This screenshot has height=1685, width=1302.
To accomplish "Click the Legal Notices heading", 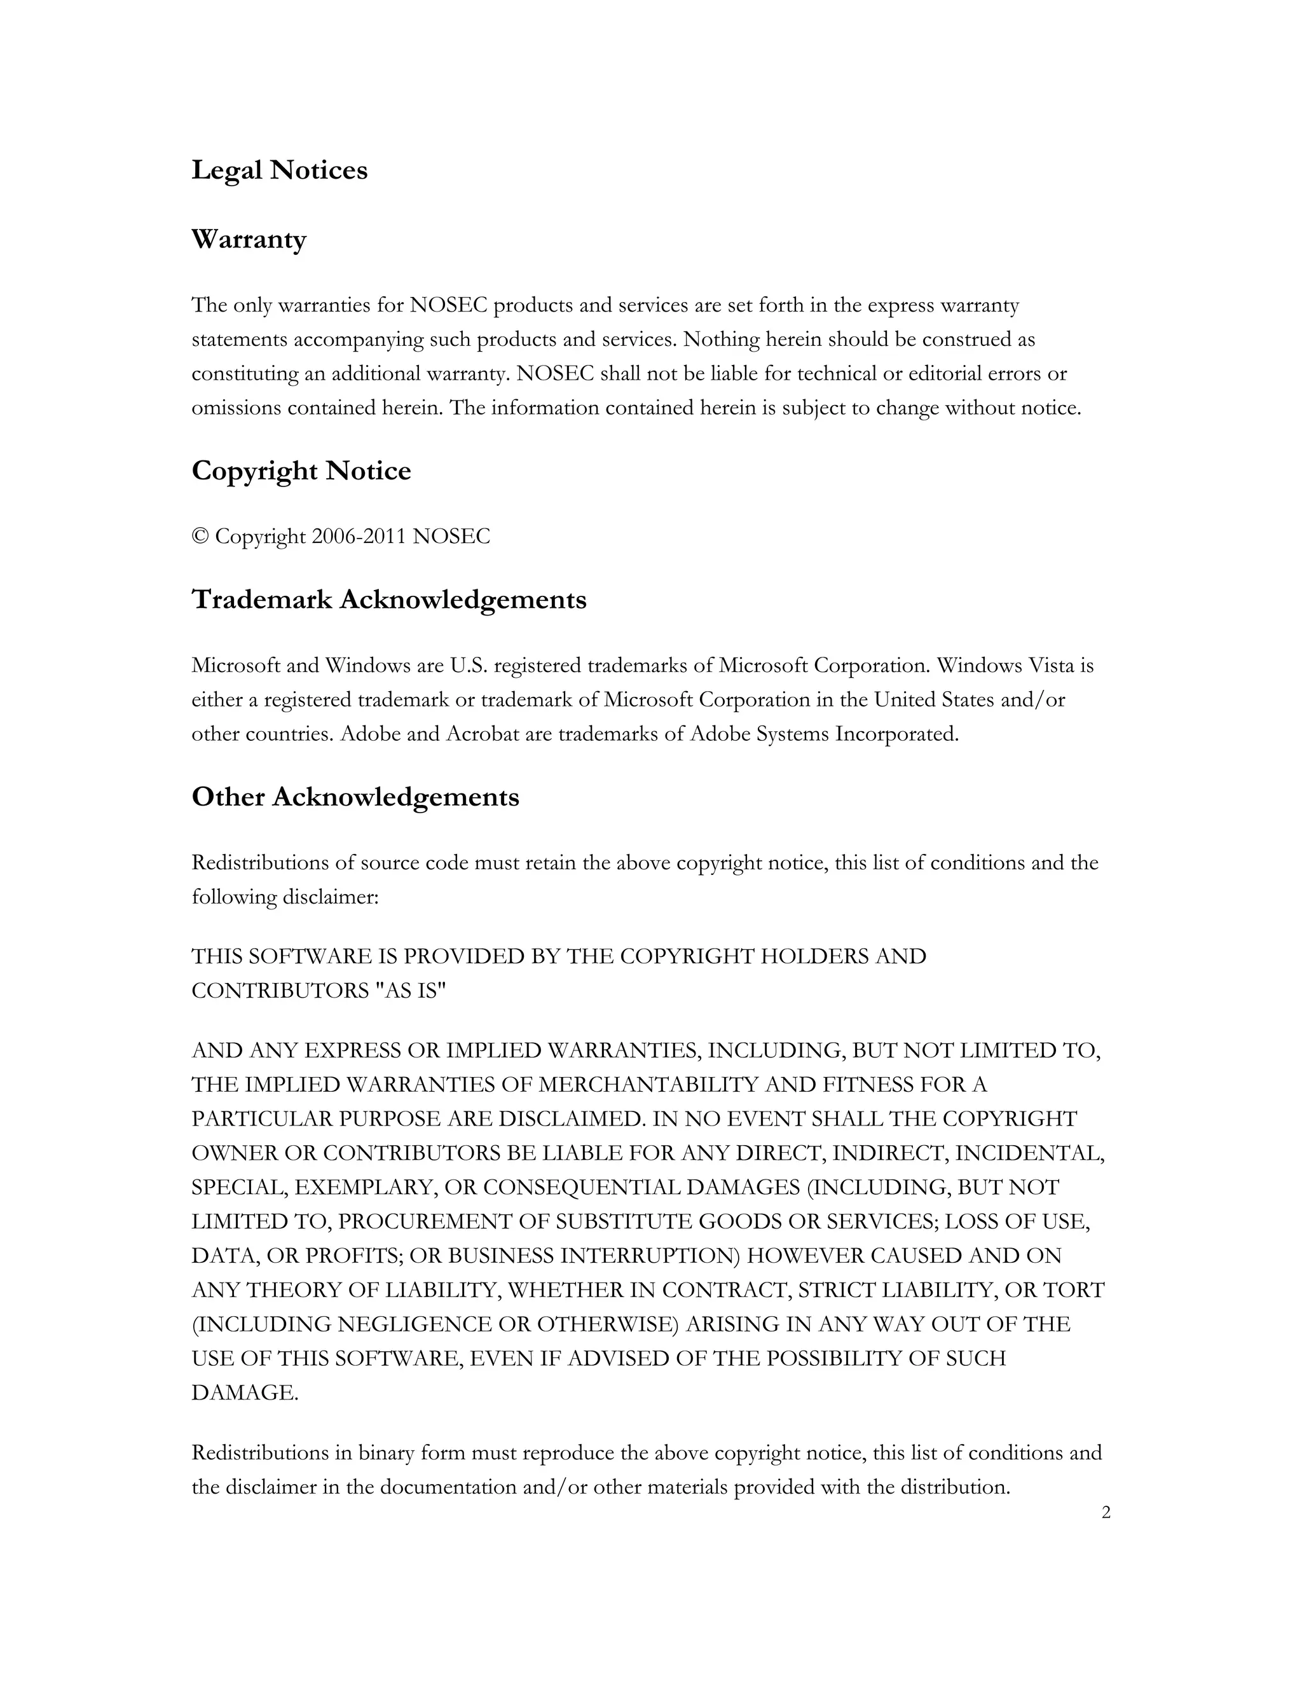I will tap(279, 170).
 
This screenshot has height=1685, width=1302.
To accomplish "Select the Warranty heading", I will tap(249, 239).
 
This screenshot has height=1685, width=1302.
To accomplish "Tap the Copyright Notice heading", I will tap(301, 471).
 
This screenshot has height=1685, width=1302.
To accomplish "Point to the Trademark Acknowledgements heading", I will tap(388, 600).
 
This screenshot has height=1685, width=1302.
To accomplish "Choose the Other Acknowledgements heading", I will tap(355, 797).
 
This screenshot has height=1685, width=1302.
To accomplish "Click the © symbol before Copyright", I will tap(200, 536).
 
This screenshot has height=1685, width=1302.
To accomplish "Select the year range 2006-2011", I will tap(359, 536).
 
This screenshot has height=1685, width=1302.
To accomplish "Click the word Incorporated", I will tap(896, 734).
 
